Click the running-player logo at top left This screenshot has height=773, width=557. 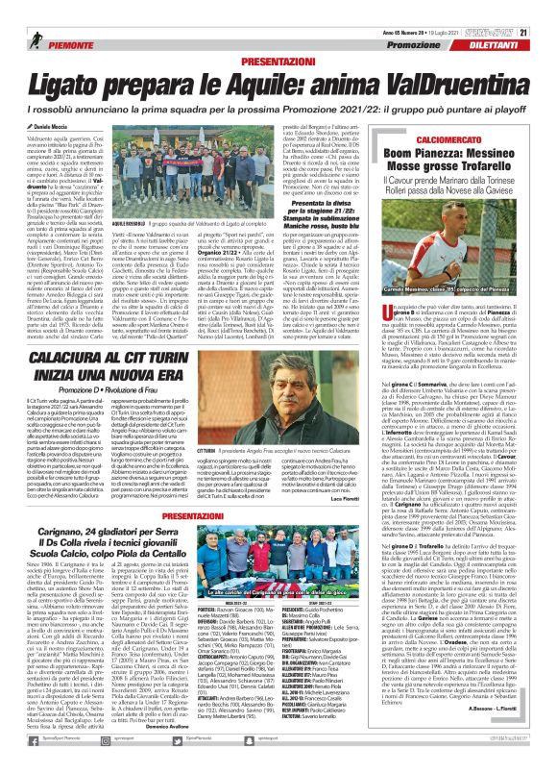coord(12,11)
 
